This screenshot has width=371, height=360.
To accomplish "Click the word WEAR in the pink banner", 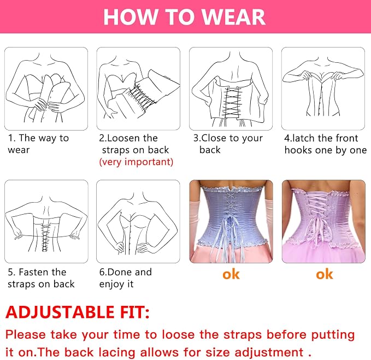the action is (234, 16).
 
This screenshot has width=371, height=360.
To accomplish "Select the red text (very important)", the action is (136, 162).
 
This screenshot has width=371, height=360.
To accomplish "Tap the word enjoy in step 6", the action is (111, 284).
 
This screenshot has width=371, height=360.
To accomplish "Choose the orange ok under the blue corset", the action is (231, 274).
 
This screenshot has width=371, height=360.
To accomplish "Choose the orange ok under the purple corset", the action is (325, 274).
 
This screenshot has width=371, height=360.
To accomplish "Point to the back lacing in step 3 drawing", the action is (231, 103).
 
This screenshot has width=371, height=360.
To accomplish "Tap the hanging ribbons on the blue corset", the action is (228, 239).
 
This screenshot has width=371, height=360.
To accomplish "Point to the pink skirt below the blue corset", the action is (231, 254).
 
